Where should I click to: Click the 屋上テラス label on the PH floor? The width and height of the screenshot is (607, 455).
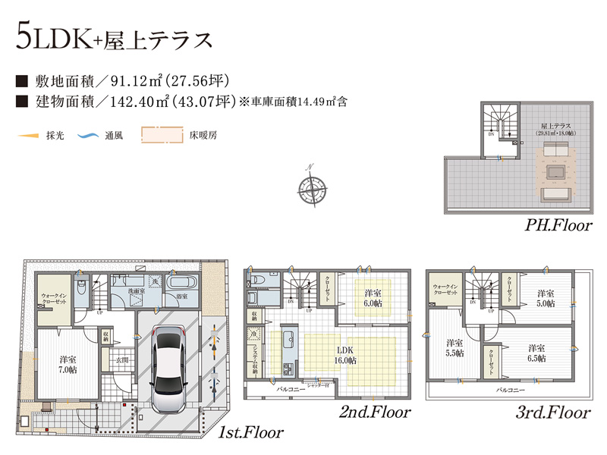pos(556,129)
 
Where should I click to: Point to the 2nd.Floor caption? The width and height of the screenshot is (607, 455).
pos(375,413)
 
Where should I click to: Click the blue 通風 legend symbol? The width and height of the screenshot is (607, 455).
pos(90,136)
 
